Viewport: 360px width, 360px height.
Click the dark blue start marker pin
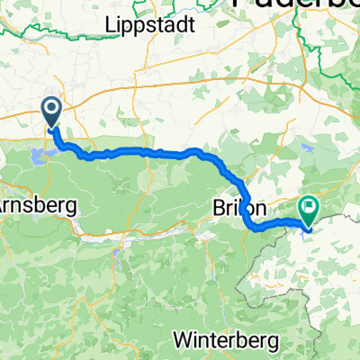point(52,111)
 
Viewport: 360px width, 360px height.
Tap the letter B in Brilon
point(218,207)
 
